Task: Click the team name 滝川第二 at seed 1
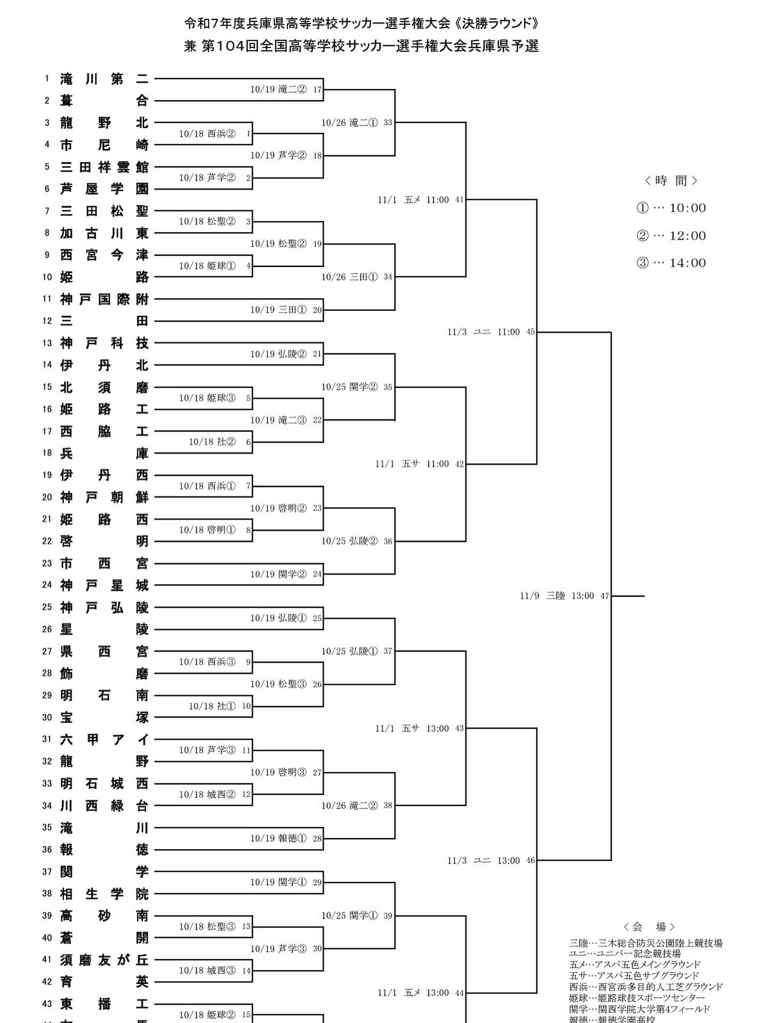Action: pyautogui.click(x=104, y=79)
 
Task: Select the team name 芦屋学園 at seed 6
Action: pyautogui.click(x=104, y=189)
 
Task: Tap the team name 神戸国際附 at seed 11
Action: pyautogui.click(x=104, y=299)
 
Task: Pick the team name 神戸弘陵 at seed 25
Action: pyautogui.click(x=104, y=607)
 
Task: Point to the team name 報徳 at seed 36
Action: pyautogui.click(x=104, y=849)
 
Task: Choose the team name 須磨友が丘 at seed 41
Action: pyautogui.click(x=104, y=960)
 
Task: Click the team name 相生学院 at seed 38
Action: pyautogui.click(x=104, y=894)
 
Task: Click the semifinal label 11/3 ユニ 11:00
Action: pyautogui.click(x=490, y=332)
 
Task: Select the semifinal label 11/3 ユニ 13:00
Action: pyautogui.click(x=490, y=860)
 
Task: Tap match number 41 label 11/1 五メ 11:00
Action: pyautogui.click(x=420, y=200)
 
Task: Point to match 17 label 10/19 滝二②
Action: pyautogui.click(x=285, y=90)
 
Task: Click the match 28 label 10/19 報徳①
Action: pyautogui.click(x=285, y=838)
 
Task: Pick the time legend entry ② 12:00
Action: pyautogui.click(x=671, y=236)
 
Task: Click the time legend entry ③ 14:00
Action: pyautogui.click(x=671, y=263)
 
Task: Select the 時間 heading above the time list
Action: pyautogui.click(x=671, y=181)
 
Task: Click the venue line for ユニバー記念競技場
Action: pyautogui.click(x=625, y=953)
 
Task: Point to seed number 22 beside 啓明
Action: pyautogui.click(x=47, y=541)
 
